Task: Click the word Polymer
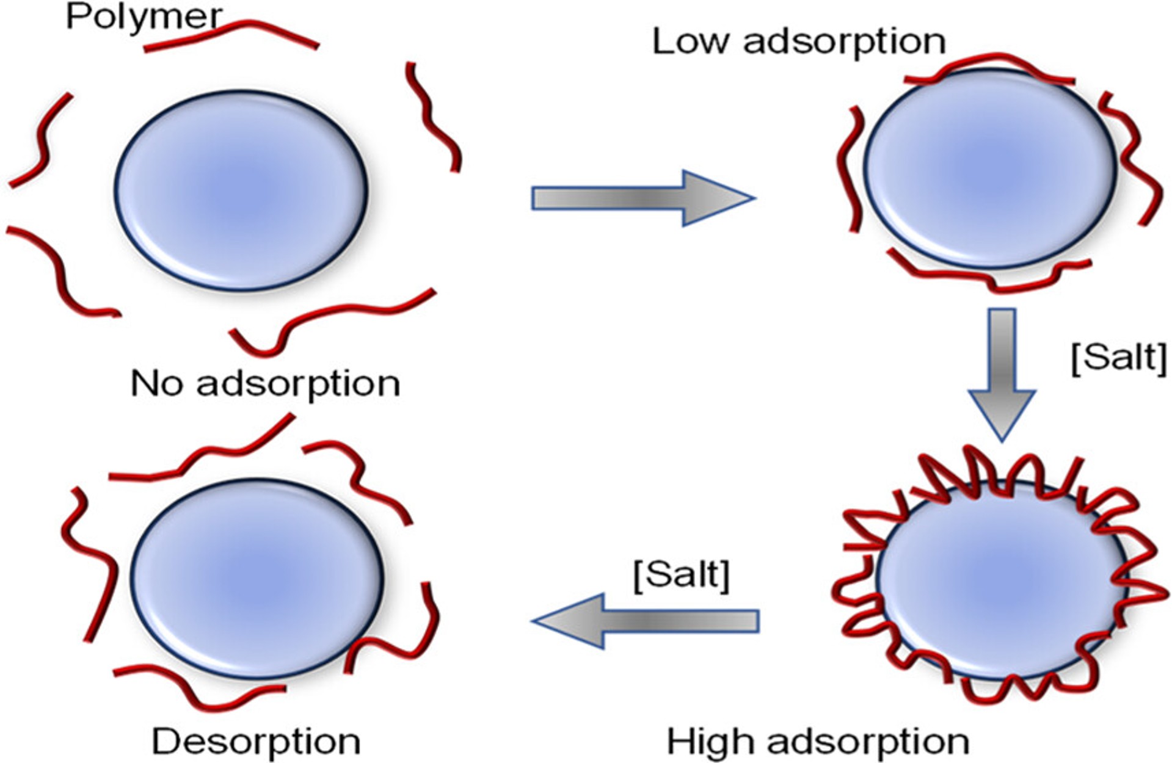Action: (144, 17)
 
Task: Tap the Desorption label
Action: (256, 742)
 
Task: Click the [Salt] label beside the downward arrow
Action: (1119, 357)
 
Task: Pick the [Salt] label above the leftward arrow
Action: (682, 574)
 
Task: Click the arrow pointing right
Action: (641, 198)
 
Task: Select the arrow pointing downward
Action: (1002, 372)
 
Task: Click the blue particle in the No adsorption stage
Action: (242, 190)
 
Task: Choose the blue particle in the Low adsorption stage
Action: (989, 168)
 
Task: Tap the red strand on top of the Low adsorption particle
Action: (989, 64)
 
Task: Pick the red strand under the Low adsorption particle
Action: (989, 278)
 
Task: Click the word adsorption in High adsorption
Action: (867, 742)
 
